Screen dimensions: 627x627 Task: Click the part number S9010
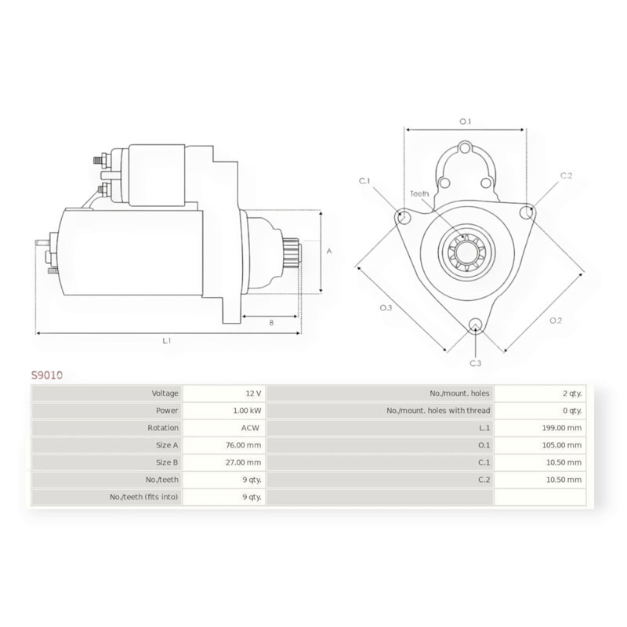[x=47, y=375]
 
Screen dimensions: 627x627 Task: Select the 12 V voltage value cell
[x=253, y=393]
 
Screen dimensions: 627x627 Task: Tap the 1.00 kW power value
[x=247, y=411]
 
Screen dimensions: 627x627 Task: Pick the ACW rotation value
[x=250, y=428]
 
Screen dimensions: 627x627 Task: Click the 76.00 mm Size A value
[x=244, y=445]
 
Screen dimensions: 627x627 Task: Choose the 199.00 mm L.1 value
[x=562, y=428]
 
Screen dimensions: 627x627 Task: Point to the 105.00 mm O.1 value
[x=562, y=445]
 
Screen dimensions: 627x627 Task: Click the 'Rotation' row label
[x=163, y=428]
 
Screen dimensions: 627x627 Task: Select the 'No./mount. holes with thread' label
[x=438, y=411]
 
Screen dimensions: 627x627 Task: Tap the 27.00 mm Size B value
[x=244, y=462]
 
